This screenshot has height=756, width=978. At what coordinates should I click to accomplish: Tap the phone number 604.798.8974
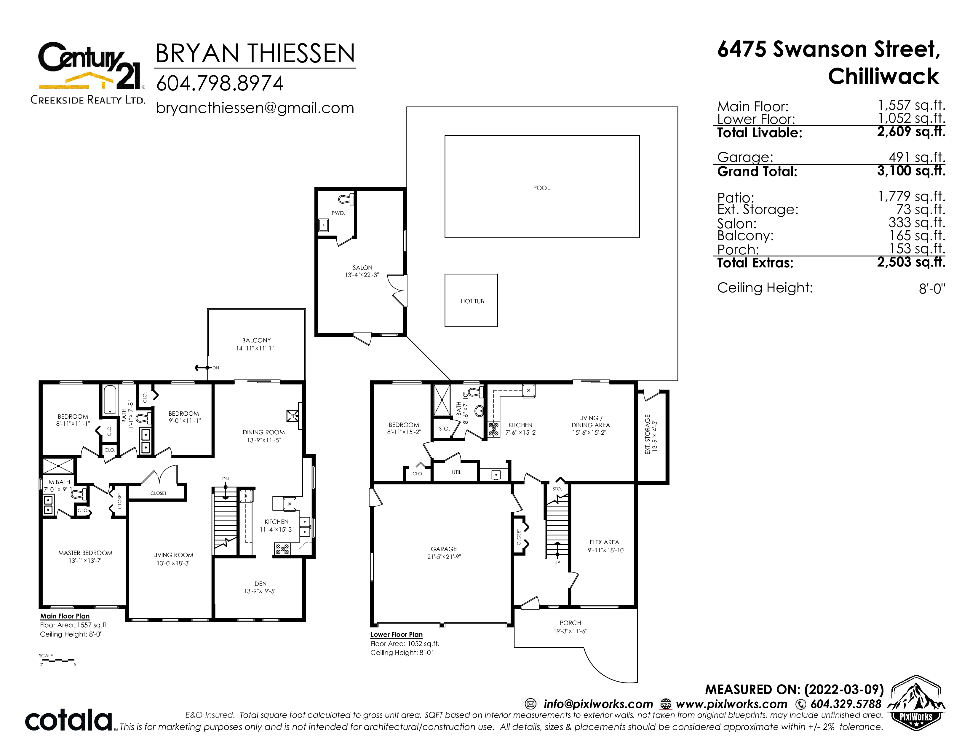coord(219,83)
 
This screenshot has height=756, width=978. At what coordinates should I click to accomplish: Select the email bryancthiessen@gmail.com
coord(255,108)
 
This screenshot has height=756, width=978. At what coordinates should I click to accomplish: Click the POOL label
coord(541,188)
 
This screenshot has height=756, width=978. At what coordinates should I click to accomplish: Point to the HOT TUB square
coord(471,300)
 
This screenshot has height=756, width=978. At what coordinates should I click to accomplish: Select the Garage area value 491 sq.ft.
coord(917,157)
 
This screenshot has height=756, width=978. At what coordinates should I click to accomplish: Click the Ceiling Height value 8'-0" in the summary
coord(932,288)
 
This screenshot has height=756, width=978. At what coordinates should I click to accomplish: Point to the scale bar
coord(57,661)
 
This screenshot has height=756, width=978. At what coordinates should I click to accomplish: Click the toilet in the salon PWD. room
coord(346,198)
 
